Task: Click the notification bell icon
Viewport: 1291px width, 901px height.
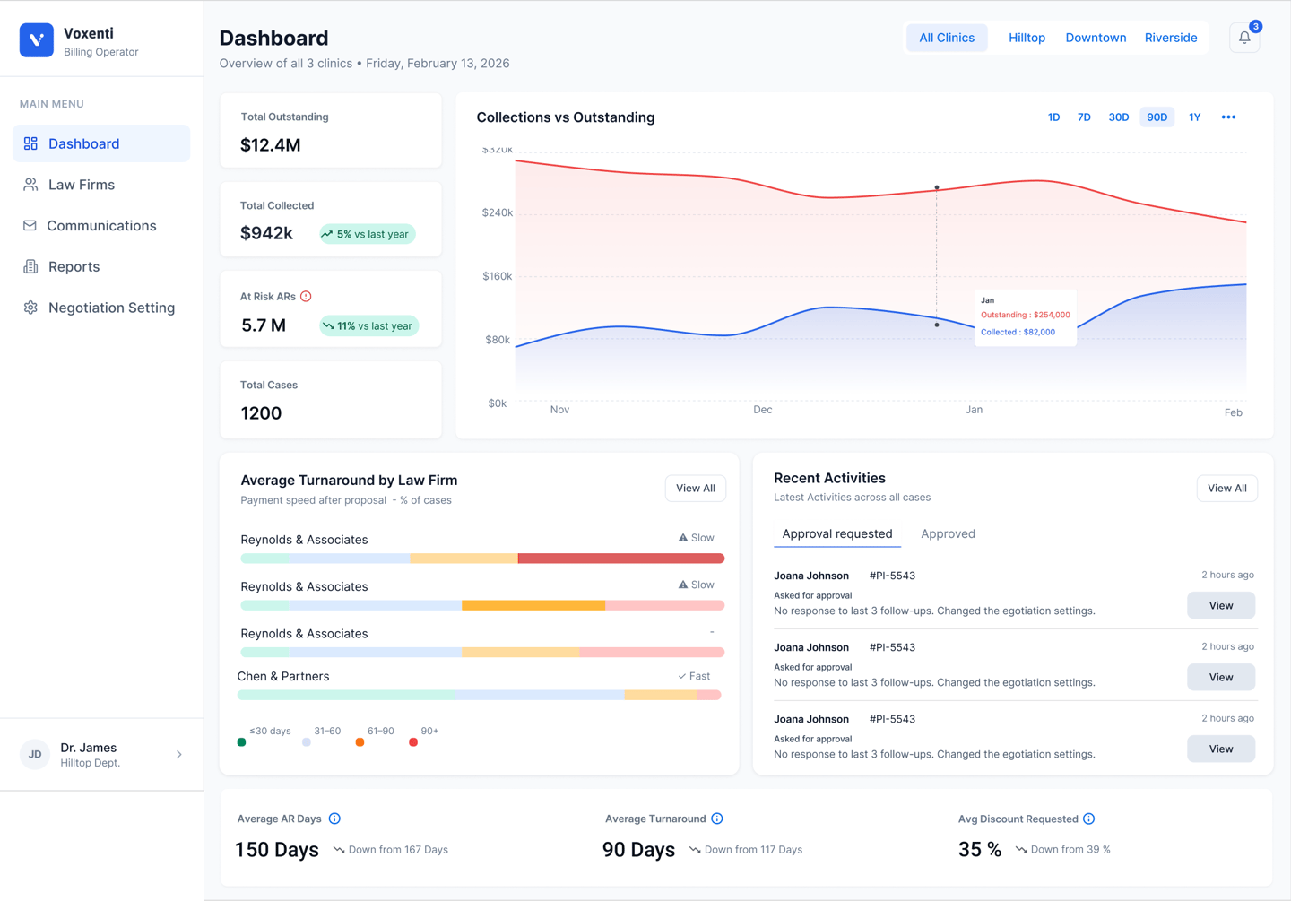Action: (x=1244, y=38)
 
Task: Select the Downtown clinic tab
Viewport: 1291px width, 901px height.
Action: (x=1096, y=38)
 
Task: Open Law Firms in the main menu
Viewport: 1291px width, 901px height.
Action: (x=82, y=185)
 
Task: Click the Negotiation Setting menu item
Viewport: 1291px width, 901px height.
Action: (x=111, y=308)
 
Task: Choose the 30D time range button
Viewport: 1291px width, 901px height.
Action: (x=1118, y=117)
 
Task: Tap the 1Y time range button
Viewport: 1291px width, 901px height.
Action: (x=1194, y=117)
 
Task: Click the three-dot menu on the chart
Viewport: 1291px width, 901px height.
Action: (x=1228, y=117)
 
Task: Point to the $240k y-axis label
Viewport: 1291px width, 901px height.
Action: (x=498, y=212)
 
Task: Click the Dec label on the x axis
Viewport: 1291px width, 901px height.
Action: (x=763, y=410)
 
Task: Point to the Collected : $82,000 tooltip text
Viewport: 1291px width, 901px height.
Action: (x=1018, y=332)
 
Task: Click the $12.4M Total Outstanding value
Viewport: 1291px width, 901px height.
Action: (x=271, y=145)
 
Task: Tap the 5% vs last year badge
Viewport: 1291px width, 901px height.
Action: (x=367, y=234)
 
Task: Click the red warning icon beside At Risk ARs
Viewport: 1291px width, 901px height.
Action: (x=306, y=296)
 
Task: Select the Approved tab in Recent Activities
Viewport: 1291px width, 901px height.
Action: (x=948, y=533)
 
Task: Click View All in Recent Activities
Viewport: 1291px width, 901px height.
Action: (x=1226, y=489)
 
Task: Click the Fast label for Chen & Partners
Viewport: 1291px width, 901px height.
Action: (x=695, y=676)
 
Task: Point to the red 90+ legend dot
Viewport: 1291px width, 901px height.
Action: (x=413, y=742)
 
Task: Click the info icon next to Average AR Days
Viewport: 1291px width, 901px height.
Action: (x=334, y=819)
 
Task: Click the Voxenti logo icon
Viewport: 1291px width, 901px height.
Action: (x=37, y=40)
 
